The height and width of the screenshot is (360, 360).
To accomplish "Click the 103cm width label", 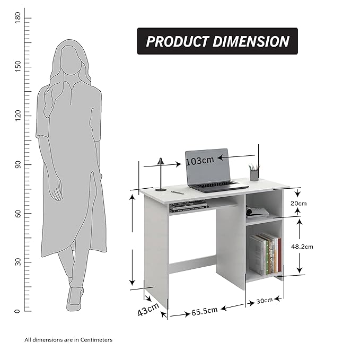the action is [200, 161].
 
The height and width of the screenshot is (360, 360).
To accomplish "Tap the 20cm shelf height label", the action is [298, 204].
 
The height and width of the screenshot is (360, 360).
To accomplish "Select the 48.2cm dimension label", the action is [302, 247].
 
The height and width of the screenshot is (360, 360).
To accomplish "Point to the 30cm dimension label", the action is [265, 301].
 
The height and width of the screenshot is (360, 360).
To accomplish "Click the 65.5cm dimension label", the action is [204, 311].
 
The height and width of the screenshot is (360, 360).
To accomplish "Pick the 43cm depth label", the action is [148, 309].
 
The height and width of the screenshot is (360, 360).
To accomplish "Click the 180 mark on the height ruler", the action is [17, 17].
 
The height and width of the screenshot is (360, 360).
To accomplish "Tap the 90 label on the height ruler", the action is [17, 164].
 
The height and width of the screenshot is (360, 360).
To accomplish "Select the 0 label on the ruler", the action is [17, 311].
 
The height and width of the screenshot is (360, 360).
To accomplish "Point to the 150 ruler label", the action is [17, 66].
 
